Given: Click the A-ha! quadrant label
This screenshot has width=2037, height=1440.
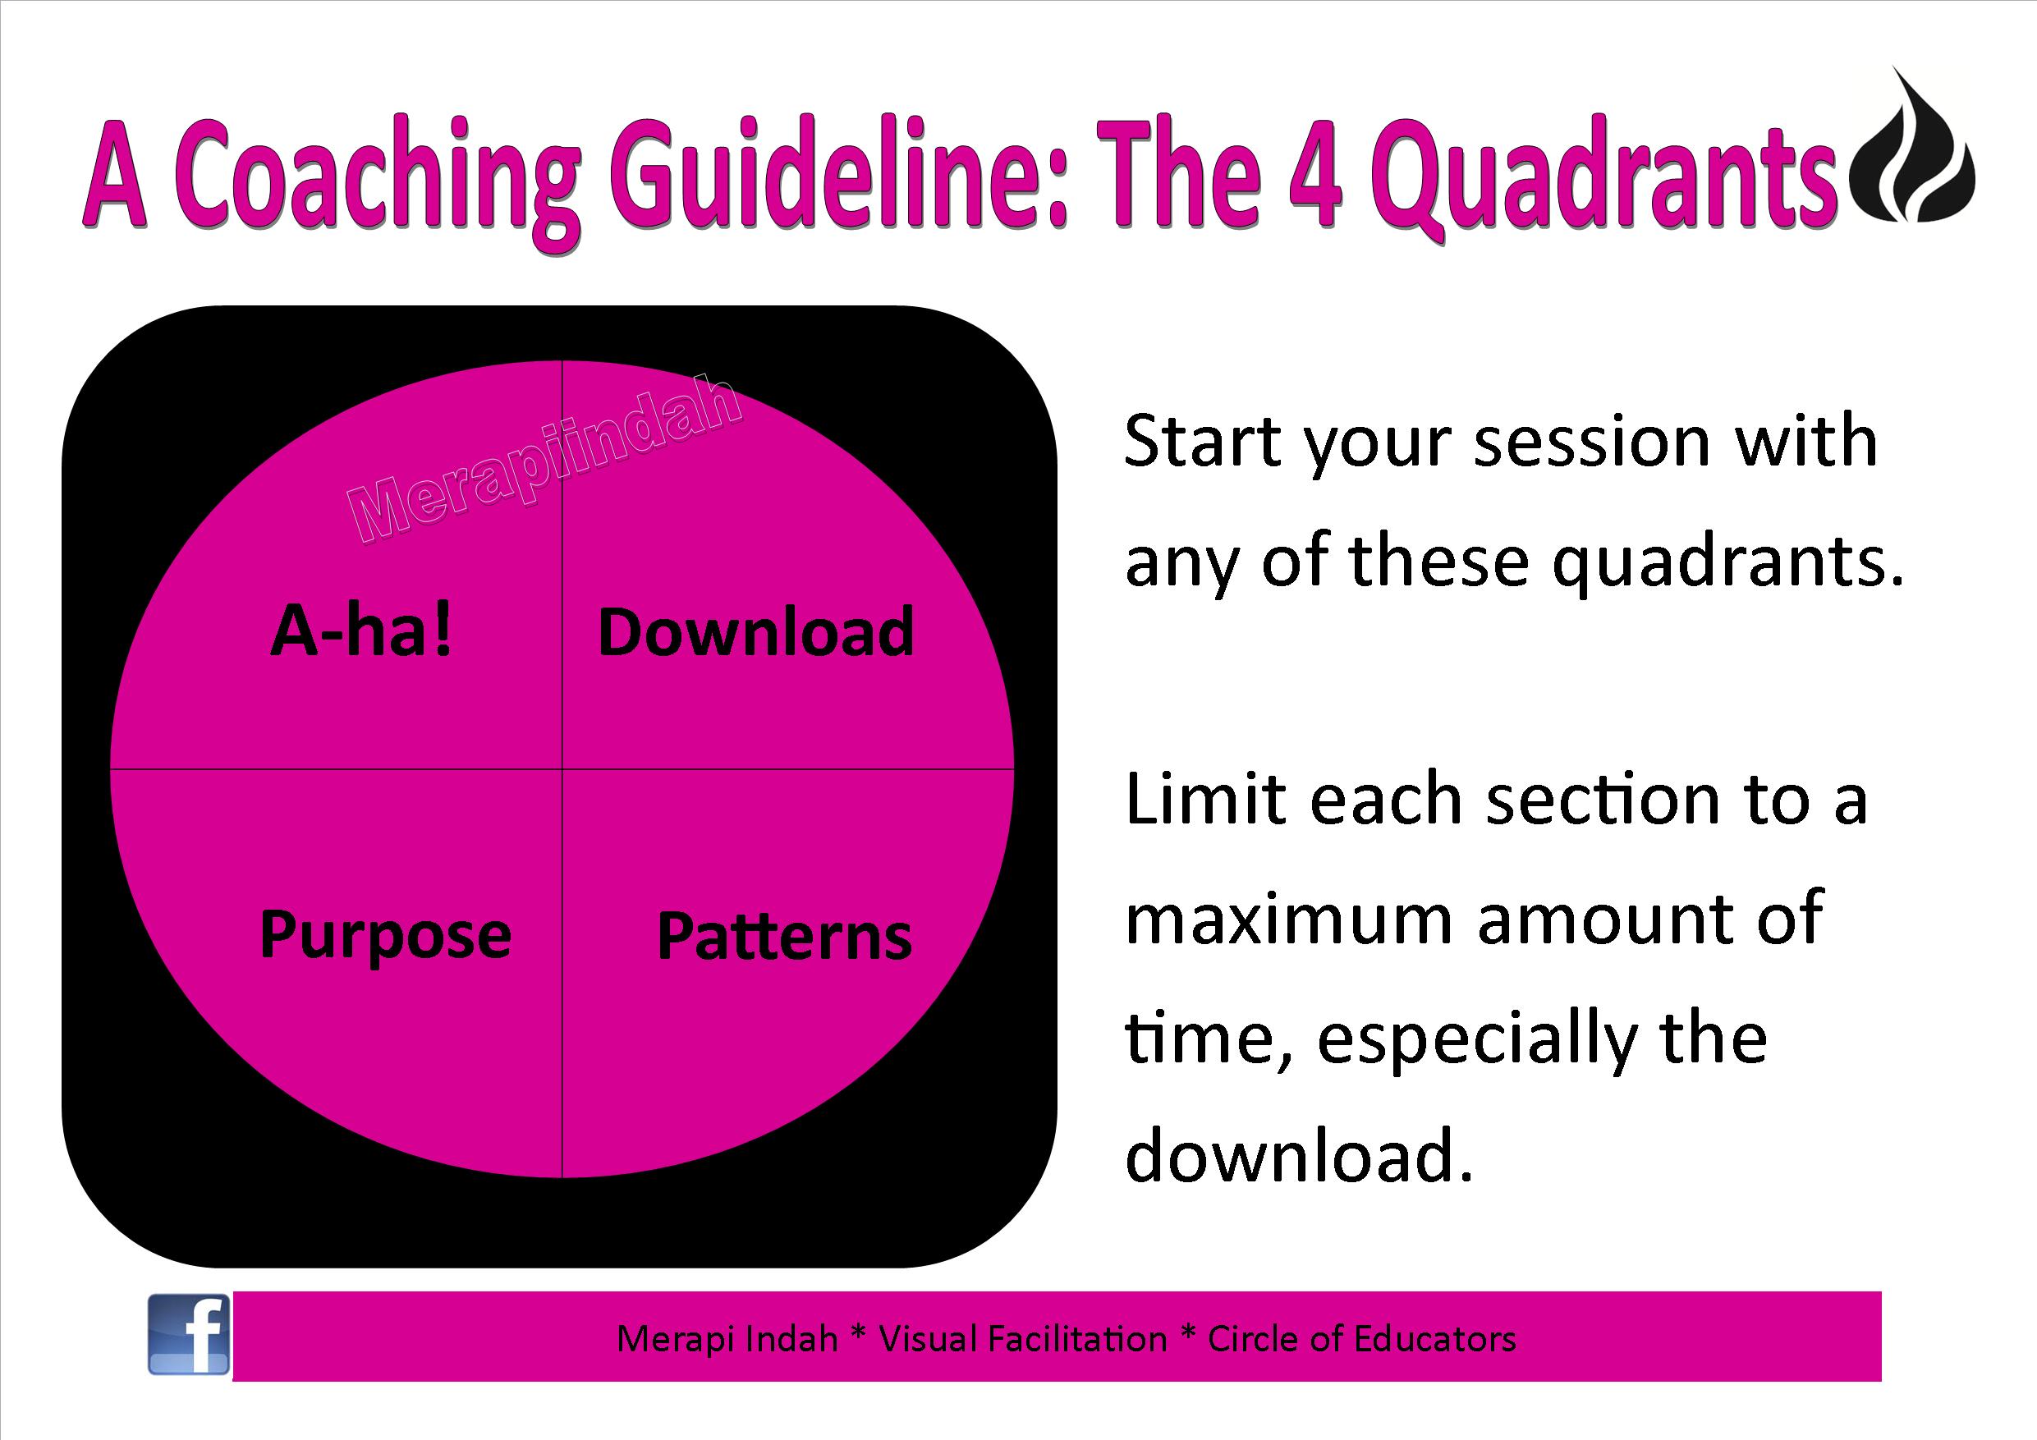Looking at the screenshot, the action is pos(362,631).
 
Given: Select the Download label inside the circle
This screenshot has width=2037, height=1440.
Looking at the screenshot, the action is pos(756,631).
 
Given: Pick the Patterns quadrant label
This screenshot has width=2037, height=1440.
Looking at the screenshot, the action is pos(784,936).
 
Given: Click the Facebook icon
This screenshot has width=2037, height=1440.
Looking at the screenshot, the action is pos(188,1334).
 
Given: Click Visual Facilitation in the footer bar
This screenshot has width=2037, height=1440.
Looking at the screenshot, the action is pos(1023,1339).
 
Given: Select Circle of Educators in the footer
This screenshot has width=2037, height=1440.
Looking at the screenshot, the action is pos(1362,1339).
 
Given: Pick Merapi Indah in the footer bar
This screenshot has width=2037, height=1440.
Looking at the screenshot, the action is pos(727,1339).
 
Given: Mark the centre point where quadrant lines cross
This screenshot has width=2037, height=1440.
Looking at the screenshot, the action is pos(562,768).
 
